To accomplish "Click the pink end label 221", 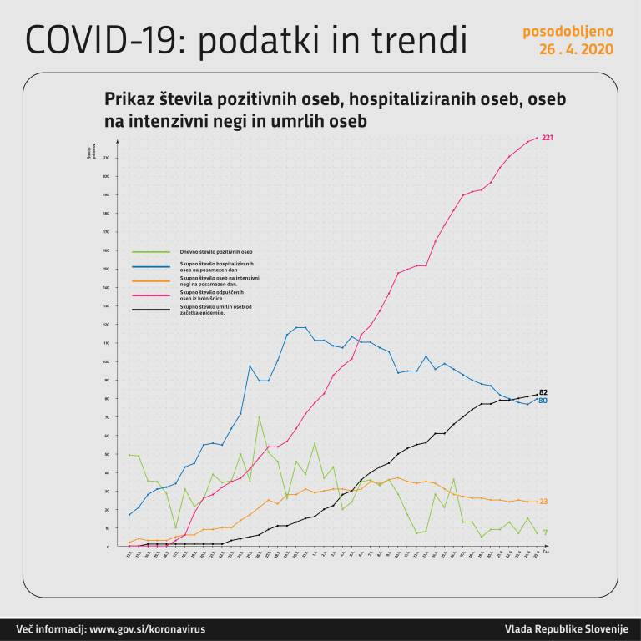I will click(548, 138).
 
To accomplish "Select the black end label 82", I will click(543, 391).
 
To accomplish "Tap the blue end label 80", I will click(543, 401).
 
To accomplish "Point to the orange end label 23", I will click(543, 502).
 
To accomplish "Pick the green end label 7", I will click(545, 532).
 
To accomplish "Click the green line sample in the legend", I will click(151, 251).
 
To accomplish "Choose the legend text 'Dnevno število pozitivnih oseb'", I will click(215, 251).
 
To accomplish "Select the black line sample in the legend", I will click(151, 310).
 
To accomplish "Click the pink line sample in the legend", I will click(151, 295).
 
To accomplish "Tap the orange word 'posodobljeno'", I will click(568, 32).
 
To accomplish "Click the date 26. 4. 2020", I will click(576, 49).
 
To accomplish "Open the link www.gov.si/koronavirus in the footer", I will click(147, 628).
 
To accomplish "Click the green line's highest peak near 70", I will click(259, 416).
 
